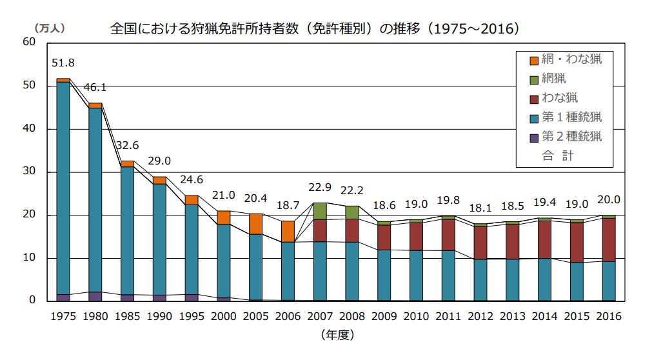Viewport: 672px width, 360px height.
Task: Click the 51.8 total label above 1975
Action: (x=63, y=63)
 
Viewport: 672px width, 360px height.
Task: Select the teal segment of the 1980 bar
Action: (x=95, y=200)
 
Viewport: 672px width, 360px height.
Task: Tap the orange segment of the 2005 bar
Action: (x=256, y=223)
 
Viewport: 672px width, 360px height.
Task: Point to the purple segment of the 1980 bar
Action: (x=95, y=297)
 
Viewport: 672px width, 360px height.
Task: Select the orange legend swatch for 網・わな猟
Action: (x=534, y=60)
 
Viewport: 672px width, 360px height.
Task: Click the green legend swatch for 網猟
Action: (x=534, y=79)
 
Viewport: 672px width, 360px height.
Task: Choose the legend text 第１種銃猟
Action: (x=571, y=117)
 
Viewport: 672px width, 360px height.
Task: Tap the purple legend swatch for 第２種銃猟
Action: (x=534, y=137)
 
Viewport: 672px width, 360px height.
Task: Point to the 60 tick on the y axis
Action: (x=28, y=43)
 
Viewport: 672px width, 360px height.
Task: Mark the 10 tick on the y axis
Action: (x=28, y=258)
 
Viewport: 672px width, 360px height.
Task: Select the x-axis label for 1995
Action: (x=192, y=316)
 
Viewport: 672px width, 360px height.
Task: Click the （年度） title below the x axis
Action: (x=336, y=335)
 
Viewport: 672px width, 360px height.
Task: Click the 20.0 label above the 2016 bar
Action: (x=609, y=200)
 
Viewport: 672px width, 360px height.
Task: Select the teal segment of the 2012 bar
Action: (x=480, y=280)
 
